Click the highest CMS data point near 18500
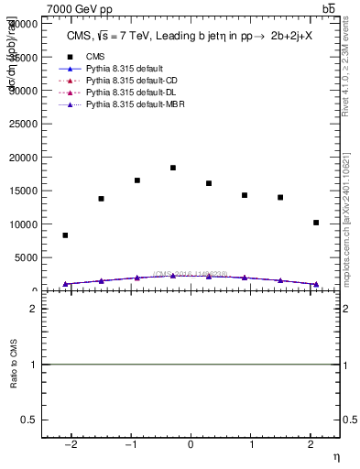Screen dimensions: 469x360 172,168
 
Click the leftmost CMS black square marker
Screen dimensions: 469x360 65,235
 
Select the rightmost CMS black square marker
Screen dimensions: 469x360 316,223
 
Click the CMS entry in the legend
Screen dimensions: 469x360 95,55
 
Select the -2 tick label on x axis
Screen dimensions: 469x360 70,444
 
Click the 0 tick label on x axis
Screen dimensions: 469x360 191,444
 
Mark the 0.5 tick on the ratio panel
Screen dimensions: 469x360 30,420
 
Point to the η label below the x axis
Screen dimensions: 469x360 335,456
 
